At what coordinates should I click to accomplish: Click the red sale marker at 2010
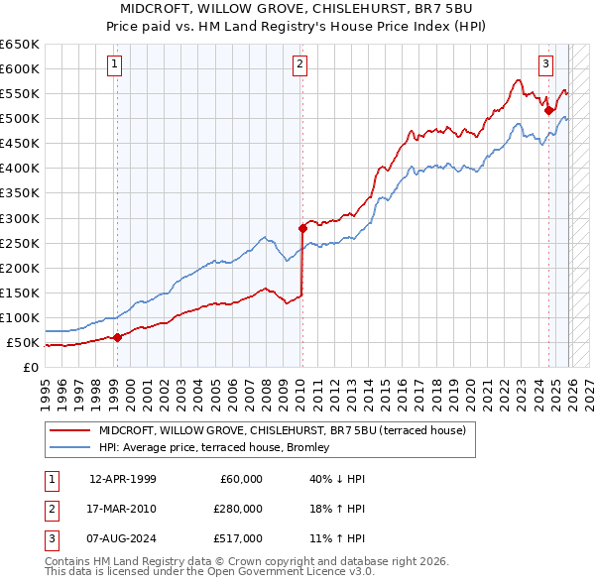point(302,227)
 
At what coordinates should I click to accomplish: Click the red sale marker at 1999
point(117,337)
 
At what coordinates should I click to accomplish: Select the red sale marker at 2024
point(548,110)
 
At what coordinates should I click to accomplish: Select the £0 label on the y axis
point(30,367)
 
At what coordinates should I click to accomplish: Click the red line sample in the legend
point(69,429)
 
